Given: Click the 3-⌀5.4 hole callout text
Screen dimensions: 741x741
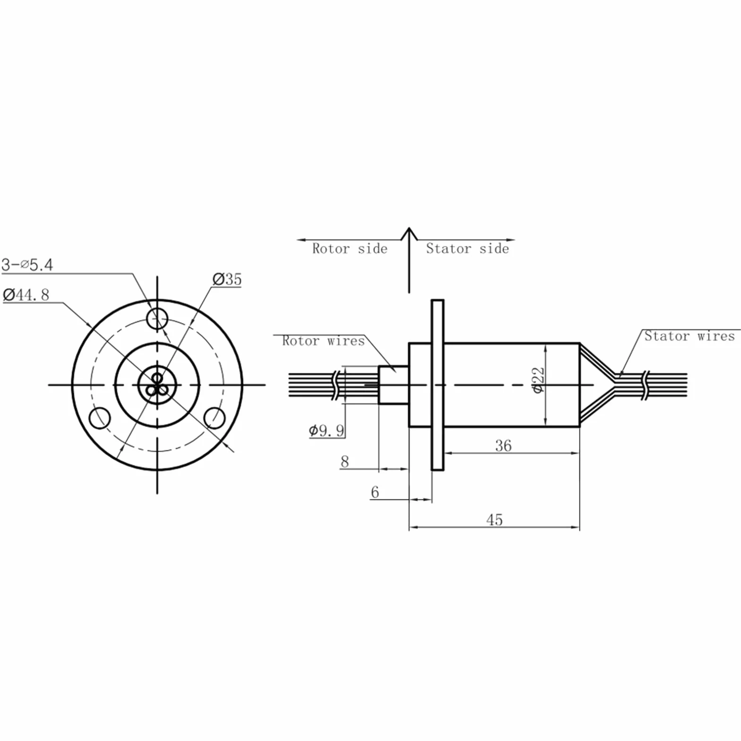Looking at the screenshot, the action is click(27, 264).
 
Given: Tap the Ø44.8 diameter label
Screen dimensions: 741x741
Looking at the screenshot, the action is click(26, 295).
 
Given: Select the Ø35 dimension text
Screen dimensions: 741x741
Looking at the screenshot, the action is click(227, 279).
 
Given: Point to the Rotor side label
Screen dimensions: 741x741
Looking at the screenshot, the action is click(349, 248).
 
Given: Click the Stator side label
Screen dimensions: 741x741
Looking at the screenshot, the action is click(468, 248).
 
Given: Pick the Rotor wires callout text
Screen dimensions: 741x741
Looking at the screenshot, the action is click(324, 341).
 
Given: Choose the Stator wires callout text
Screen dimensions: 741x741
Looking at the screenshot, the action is click(690, 336).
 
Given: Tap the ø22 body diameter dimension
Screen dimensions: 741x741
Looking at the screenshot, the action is click(538, 380).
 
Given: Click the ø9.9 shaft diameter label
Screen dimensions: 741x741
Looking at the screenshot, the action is click(326, 430).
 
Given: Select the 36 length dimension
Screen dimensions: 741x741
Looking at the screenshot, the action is click(503, 445).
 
